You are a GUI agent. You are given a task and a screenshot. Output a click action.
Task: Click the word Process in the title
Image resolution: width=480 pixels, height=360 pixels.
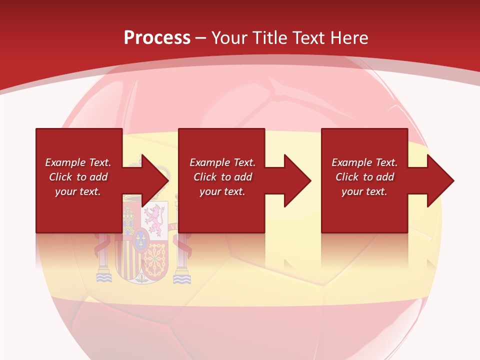pyautogui.click(x=157, y=37)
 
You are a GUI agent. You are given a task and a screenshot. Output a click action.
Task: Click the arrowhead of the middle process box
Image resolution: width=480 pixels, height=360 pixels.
pyautogui.click(x=296, y=180)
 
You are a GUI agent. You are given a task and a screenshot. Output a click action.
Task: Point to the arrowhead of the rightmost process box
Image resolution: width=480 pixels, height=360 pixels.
pyautogui.click(x=439, y=180)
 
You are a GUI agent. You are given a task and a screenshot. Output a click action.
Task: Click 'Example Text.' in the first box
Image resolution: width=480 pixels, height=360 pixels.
pyautogui.click(x=78, y=162)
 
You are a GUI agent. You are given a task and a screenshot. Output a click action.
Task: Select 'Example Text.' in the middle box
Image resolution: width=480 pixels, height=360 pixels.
pyautogui.click(x=222, y=162)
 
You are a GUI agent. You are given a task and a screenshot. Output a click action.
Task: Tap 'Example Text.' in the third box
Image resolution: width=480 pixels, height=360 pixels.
pyautogui.click(x=364, y=162)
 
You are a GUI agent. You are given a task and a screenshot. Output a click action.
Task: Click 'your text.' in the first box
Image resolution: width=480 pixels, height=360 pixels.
pyautogui.click(x=78, y=191)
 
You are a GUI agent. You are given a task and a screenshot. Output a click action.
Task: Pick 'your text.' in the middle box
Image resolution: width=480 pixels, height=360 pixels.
pyautogui.click(x=222, y=191)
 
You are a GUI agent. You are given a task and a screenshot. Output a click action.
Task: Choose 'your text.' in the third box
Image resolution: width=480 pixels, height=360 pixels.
pyautogui.click(x=364, y=191)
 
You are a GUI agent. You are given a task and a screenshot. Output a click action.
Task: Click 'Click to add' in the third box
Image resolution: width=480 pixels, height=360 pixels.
pyautogui.click(x=364, y=177)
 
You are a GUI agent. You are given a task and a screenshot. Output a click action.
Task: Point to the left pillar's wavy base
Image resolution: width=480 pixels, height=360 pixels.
pyautogui.click(x=103, y=277)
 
